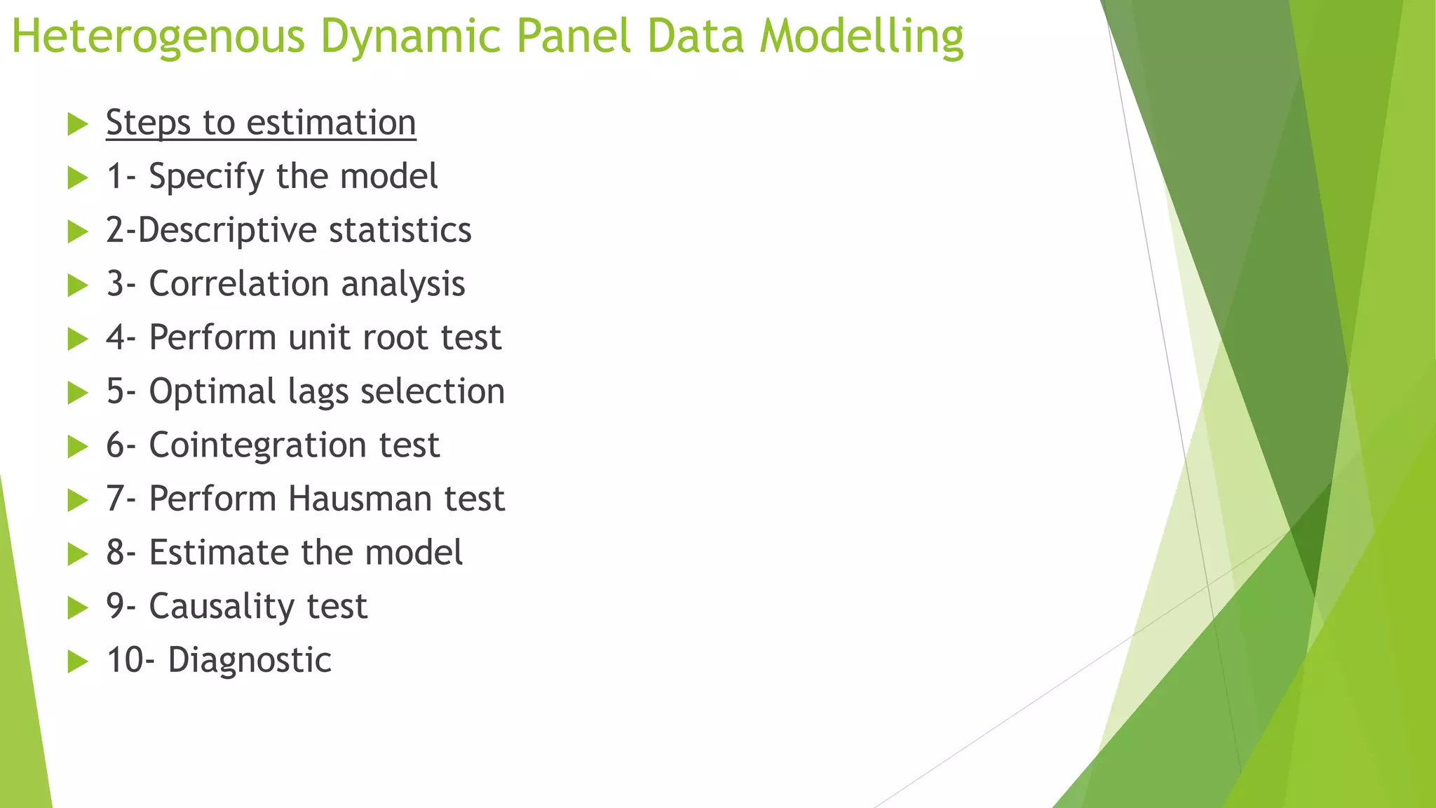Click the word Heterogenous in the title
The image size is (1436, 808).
(x=158, y=36)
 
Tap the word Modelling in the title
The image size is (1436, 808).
(x=862, y=36)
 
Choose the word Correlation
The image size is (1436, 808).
(x=239, y=284)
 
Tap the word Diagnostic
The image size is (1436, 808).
(x=250, y=661)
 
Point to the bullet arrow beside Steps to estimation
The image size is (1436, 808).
(x=78, y=124)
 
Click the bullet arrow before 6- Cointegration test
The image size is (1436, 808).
(x=78, y=447)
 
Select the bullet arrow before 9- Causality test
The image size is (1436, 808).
(x=78, y=608)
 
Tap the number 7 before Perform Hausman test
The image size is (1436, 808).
(x=115, y=499)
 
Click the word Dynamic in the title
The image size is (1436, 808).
(x=410, y=36)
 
